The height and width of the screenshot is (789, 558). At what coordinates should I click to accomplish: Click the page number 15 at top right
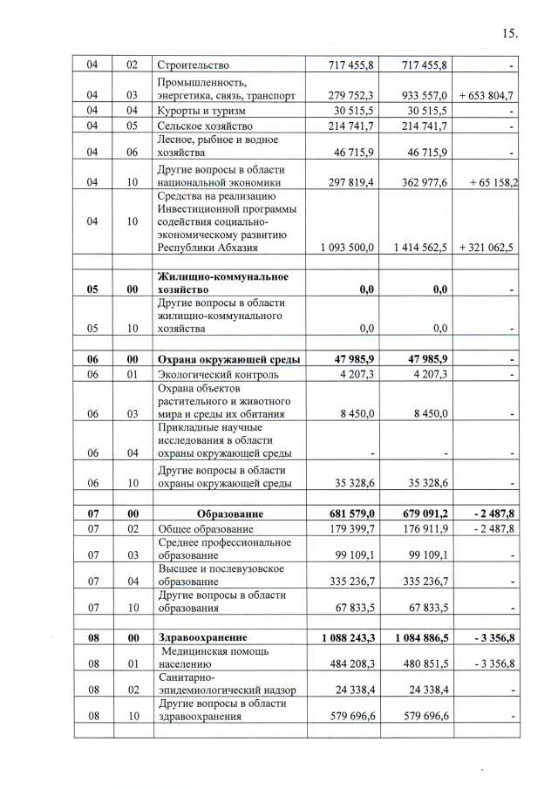coord(510,34)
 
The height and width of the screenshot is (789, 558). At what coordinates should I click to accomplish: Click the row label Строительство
coord(193,65)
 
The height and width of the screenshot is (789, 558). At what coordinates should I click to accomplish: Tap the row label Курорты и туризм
coord(201,111)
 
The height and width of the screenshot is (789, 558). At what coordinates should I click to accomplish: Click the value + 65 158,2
coord(488,182)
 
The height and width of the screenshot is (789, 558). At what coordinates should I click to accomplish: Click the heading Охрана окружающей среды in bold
coord(228,358)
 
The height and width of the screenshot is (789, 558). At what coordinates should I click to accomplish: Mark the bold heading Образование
coord(229,514)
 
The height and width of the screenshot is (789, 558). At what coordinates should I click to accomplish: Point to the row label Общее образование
coord(206,529)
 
